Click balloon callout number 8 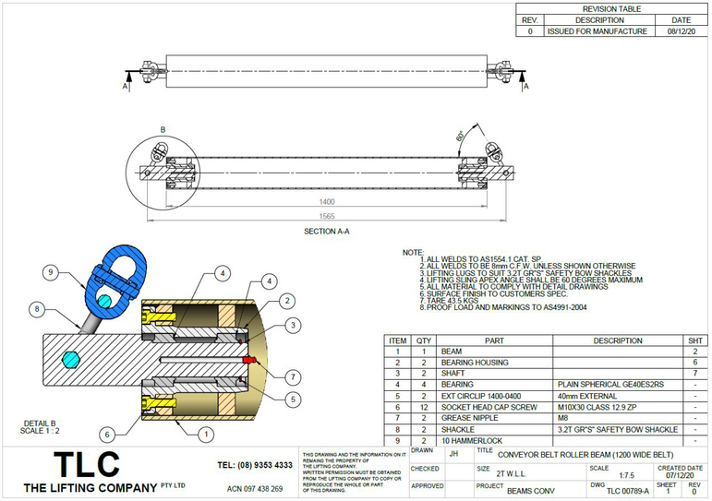tap(37, 309)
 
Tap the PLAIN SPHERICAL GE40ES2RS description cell tap(609, 384)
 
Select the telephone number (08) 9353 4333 tap(255, 465)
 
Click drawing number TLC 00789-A tap(627, 491)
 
